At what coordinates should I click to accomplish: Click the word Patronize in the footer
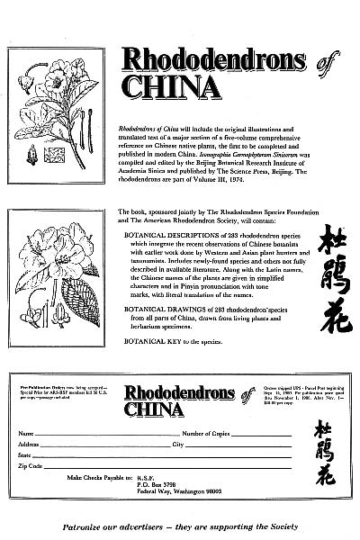[x=83, y=523]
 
